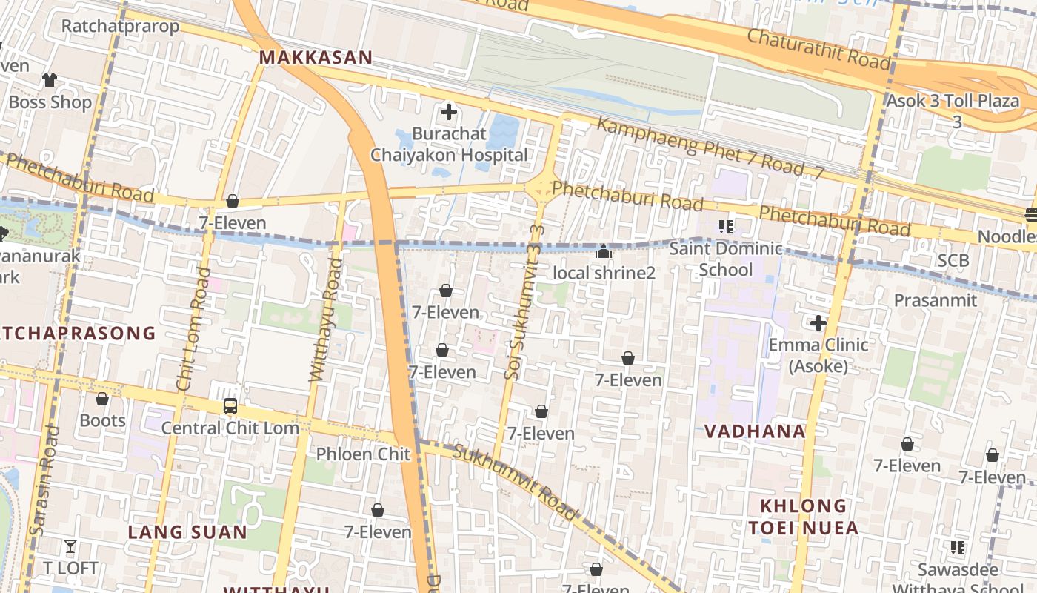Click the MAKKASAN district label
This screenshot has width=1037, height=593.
[x=316, y=57]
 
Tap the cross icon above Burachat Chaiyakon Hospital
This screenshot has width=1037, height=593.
[x=449, y=113]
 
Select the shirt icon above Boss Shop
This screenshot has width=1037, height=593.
[x=50, y=80]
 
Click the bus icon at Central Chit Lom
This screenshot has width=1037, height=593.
[x=230, y=406]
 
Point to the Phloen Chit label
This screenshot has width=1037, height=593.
[x=363, y=454]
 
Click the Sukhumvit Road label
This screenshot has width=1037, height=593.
[x=514, y=482]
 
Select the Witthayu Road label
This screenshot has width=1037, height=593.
[x=326, y=320]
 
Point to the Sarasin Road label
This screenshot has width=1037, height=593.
[x=43, y=480]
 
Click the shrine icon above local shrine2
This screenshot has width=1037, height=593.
[x=604, y=252]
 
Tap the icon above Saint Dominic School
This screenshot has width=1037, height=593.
[x=725, y=226]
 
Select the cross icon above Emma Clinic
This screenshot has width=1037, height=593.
[x=818, y=323]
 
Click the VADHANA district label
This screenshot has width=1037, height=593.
[x=755, y=431]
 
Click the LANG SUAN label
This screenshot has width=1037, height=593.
[x=187, y=531]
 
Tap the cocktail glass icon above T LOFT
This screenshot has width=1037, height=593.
[x=70, y=547]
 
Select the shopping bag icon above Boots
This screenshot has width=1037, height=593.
[x=102, y=400]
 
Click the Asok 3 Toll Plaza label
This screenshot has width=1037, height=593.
[x=953, y=101]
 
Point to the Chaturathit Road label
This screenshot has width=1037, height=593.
[x=818, y=48]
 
